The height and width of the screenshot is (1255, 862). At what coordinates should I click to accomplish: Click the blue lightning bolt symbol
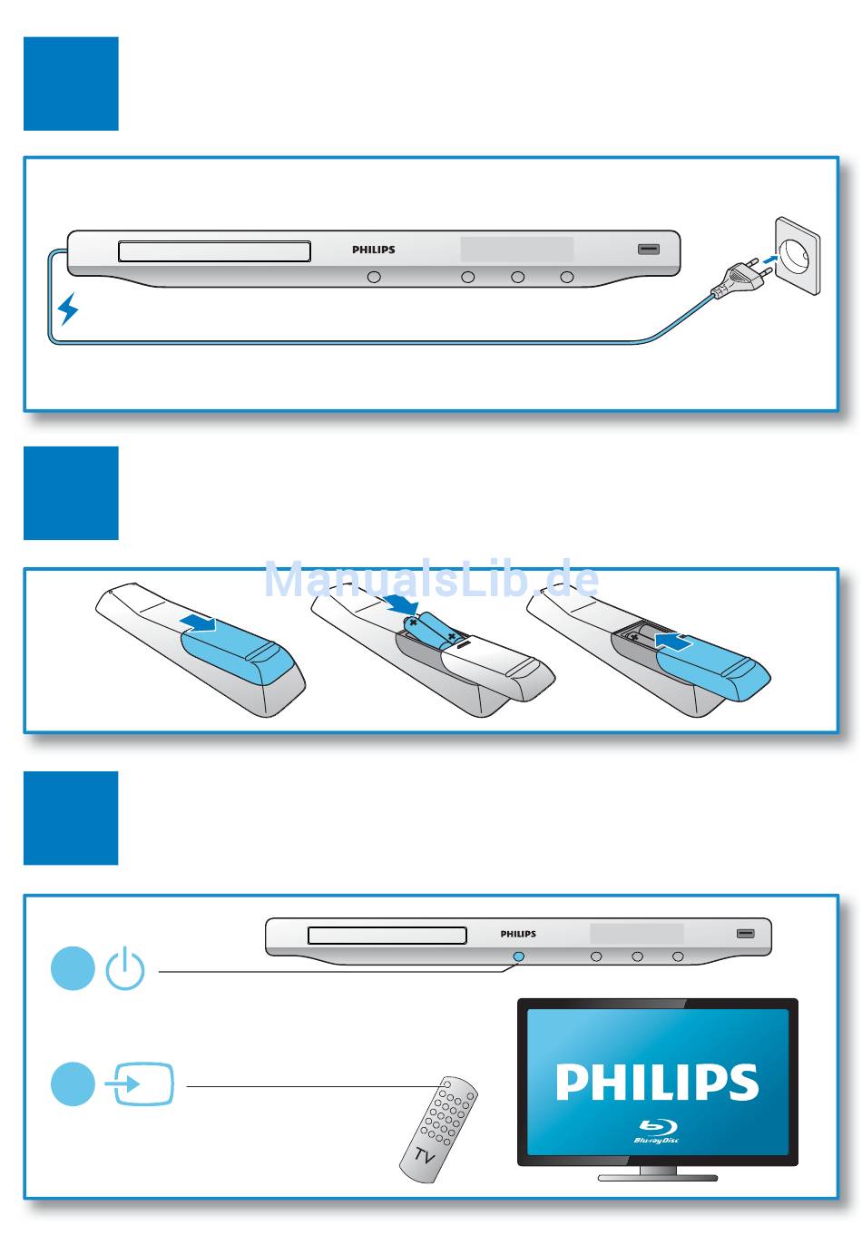[x=68, y=309]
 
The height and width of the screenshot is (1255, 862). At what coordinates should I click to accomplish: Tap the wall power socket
[x=797, y=256]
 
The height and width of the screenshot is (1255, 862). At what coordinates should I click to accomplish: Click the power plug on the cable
[x=740, y=276]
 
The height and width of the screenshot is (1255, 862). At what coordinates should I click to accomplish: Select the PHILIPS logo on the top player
[x=374, y=250]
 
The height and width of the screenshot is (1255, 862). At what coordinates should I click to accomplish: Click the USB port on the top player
[x=649, y=249]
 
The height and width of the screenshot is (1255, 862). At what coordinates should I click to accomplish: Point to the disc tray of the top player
[x=214, y=251]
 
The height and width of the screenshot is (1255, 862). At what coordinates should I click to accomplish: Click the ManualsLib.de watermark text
[x=431, y=579]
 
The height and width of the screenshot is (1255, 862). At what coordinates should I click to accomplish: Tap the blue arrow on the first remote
[x=199, y=623]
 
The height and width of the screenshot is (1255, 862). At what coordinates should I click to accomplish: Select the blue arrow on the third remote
[x=673, y=641]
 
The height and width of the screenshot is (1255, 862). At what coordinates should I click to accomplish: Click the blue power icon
[x=125, y=968]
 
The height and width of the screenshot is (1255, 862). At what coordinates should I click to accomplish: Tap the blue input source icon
[x=140, y=1084]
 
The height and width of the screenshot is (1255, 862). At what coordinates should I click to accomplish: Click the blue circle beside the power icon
[x=73, y=968]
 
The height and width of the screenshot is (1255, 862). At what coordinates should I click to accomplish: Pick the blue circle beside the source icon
[x=73, y=1084]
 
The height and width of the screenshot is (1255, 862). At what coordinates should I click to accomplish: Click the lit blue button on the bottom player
[x=519, y=956]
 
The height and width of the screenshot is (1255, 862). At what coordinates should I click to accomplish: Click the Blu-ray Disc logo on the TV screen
[x=657, y=1131]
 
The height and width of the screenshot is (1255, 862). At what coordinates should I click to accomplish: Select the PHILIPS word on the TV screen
[x=657, y=1082]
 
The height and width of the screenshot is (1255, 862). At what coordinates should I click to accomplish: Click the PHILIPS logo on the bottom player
[x=518, y=934]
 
